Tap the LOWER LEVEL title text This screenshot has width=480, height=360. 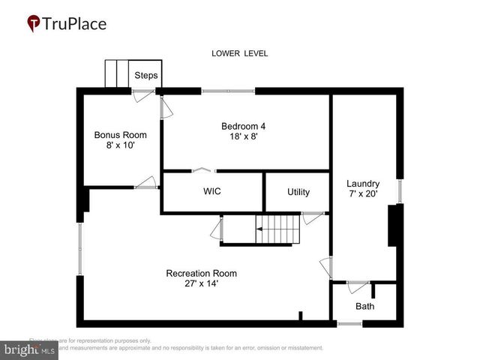pyautogui.click(x=239, y=53)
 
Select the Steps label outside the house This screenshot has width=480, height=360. pyautogui.click(x=145, y=76)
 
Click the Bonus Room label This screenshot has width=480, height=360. pyautogui.click(x=120, y=135)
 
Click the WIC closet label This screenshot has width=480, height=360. pyautogui.click(x=212, y=191)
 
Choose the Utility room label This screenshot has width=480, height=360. pyautogui.click(x=298, y=192)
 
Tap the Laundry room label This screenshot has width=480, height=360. pyautogui.click(x=362, y=184)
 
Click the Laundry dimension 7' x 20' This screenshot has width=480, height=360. pyautogui.click(x=362, y=194)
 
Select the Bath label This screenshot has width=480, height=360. pyautogui.click(x=364, y=306)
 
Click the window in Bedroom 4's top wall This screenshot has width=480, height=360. pyautogui.click(x=228, y=91)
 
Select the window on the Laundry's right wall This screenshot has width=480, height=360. pyautogui.click(x=400, y=191)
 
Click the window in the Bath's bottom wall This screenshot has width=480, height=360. pyautogui.click(x=349, y=324)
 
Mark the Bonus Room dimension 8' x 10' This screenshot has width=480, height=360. pyautogui.click(x=120, y=145)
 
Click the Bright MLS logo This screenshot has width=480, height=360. pyautogui.click(x=29, y=349)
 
